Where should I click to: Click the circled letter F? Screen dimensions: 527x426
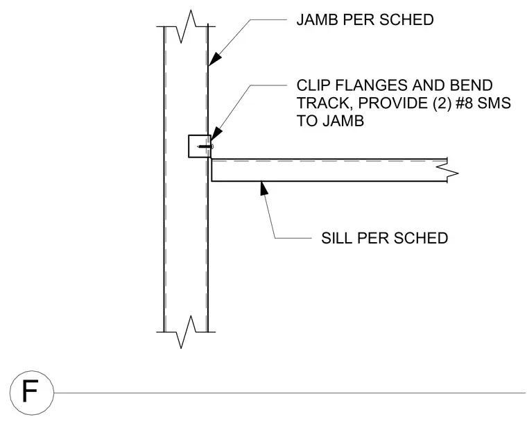pyautogui.click(x=32, y=393)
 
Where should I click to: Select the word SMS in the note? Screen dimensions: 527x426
pyautogui.click(x=494, y=103)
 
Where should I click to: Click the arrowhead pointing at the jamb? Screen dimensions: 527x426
pyautogui.click(x=216, y=58)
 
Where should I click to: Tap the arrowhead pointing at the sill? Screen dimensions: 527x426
pyautogui.click(x=263, y=188)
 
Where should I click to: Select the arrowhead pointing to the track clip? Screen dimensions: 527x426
pyautogui.click(x=216, y=134)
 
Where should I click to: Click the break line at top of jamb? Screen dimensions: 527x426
pyautogui.click(x=186, y=26)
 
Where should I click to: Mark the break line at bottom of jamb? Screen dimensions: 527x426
pyautogui.click(x=186, y=332)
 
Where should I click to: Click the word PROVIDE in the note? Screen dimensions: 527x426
pyautogui.click(x=393, y=103)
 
